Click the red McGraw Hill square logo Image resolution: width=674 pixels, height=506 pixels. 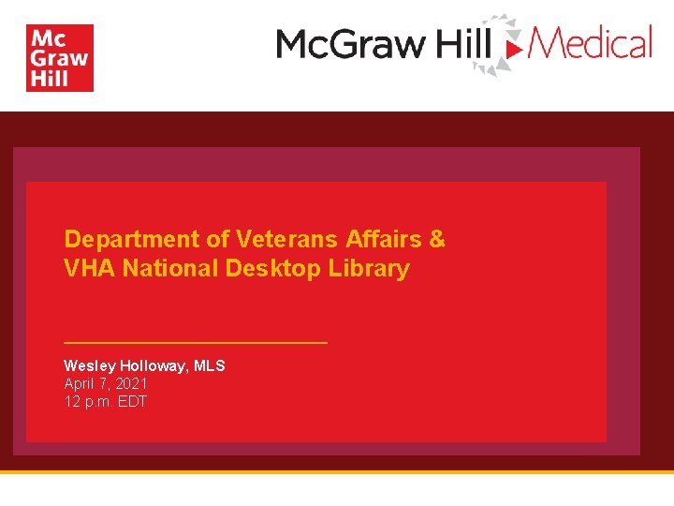click(x=60, y=58)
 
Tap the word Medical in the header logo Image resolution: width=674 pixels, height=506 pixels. click(x=592, y=43)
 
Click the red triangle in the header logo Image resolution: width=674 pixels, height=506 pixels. click(x=513, y=45)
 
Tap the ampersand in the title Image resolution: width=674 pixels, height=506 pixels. click(x=437, y=239)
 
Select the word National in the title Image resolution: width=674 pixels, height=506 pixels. click(x=170, y=269)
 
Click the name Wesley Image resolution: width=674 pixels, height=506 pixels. click(x=89, y=365)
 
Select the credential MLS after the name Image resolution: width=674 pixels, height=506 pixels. click(x=210, y=365)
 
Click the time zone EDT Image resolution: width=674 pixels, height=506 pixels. click(x=132, y=402)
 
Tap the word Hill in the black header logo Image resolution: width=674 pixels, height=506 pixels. click(x=462, y=44)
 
